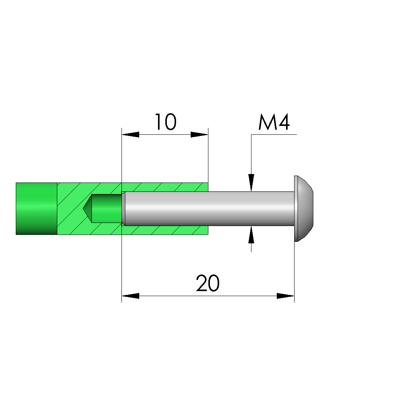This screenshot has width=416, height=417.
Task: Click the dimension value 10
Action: (x=165, y=122)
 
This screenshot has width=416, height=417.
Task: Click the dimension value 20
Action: (x=208, y=283)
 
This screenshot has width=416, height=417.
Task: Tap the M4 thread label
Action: (x=274, y=122)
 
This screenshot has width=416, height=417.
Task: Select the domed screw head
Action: (x=304, y=209)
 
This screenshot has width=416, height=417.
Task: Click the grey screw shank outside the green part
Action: (x=251, y=209)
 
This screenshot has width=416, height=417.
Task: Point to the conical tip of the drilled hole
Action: (x=87, y=209)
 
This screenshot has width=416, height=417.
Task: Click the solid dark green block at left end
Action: (x=37, y=209)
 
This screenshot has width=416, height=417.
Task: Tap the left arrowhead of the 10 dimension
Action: (x=130, y=134)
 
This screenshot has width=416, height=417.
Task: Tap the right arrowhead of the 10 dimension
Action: (x=200, y=134)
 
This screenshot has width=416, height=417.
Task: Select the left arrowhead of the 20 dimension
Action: (x=130, y=296)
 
